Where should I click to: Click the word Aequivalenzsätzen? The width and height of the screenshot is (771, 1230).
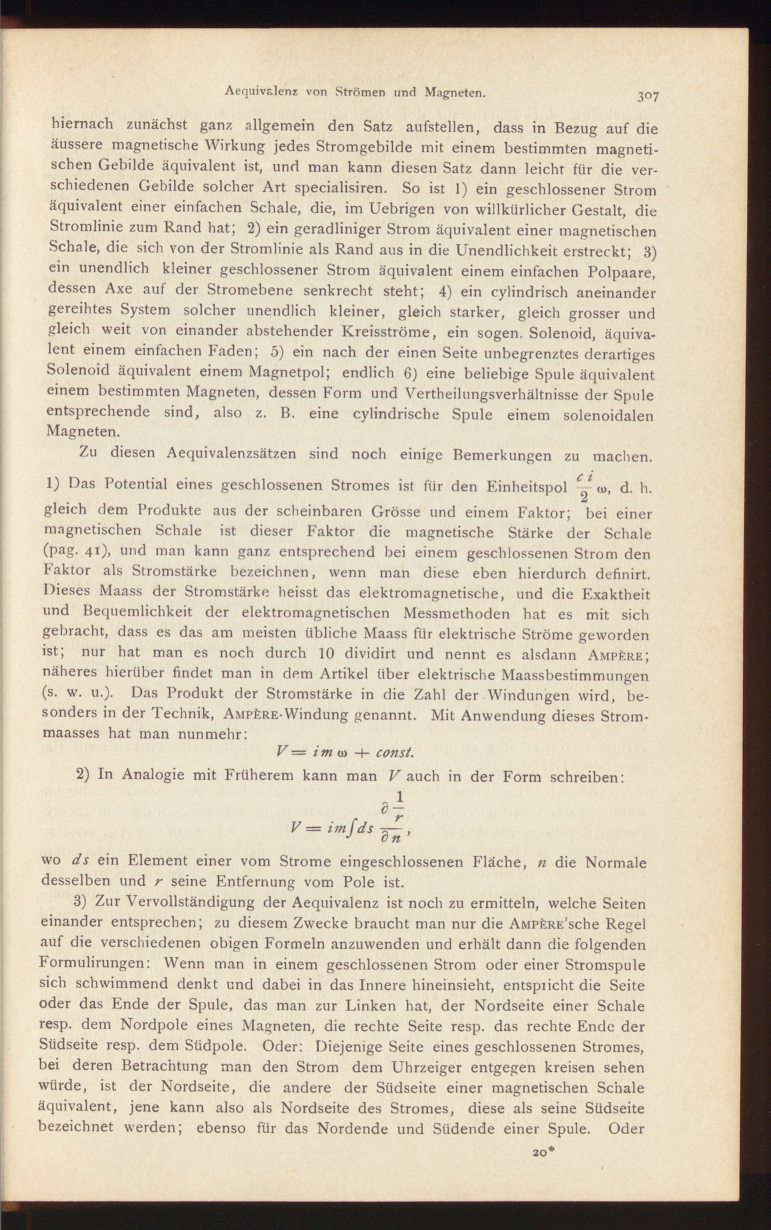tap(231, 453)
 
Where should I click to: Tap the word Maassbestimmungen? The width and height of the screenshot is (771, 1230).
tap(575, 675)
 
